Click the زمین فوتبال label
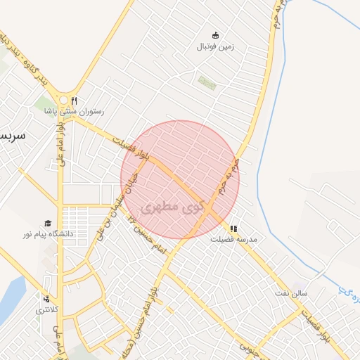tap(214, 47)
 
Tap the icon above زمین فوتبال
tap(215, 35)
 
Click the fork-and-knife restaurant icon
tap(74, 100)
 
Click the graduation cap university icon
tap(48, 223)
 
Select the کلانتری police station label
tap(48, 309)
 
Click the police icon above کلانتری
tap(47, 299)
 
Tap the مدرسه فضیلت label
tap(234, 239)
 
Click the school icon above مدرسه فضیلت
tap(233, 229)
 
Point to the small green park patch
tap(206, 82)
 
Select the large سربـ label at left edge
tap(12, 134)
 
